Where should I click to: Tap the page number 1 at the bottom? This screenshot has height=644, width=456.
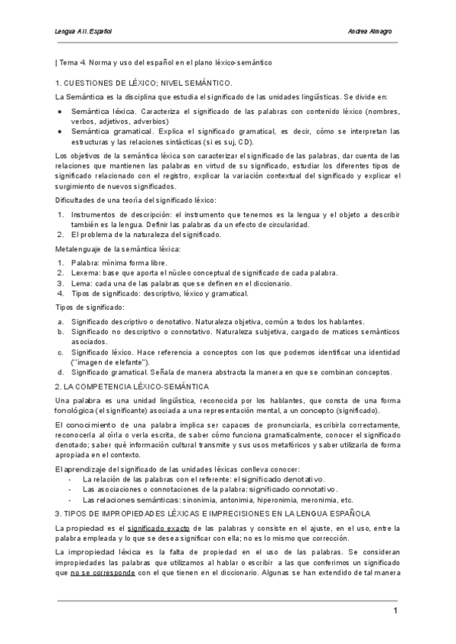(395, 611)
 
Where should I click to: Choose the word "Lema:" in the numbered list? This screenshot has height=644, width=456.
(82, 283)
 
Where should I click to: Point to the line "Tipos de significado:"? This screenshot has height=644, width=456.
(90, 307)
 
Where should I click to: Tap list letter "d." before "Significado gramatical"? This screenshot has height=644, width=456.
(60, 372)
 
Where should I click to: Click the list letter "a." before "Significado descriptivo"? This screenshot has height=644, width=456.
(60, 321)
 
